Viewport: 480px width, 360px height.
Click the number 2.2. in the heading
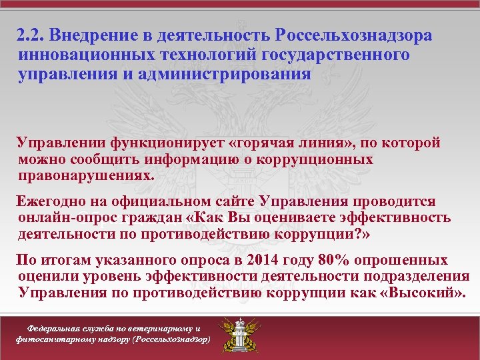click(31, 35)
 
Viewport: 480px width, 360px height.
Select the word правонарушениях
click(86, 177)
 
